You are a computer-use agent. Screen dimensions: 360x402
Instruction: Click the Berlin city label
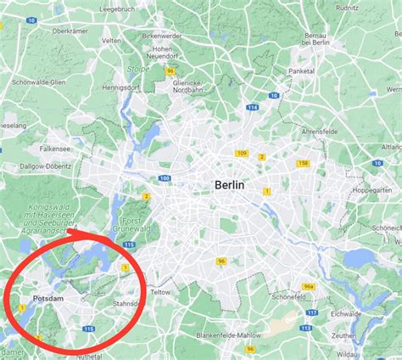(x=231, y=184)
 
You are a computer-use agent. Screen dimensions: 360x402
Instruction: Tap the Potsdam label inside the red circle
(x=48, y=299)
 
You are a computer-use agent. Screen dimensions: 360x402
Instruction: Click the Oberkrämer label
(x=71, y=31)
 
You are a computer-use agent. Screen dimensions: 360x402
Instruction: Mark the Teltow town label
(x=161, y=290)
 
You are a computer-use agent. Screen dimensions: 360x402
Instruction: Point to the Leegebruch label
(x=118, y=8)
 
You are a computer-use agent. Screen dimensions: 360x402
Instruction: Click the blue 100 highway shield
(x=165, y=177)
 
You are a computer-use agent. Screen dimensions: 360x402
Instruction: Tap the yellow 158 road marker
(x=303, y=162)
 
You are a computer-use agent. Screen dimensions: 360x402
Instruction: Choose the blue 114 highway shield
(x=251, y=107)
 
